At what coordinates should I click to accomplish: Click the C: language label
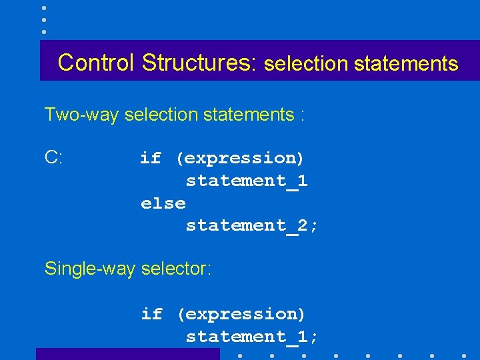(x=54, y=157)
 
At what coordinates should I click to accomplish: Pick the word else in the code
(x=163, y=203)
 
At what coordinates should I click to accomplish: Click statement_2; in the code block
(x=252, y=225)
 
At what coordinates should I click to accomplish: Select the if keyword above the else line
(x=151, y=158)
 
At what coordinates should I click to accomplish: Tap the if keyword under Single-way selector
(x=151, y=313)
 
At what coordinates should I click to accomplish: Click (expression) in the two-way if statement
(x=240, y=158)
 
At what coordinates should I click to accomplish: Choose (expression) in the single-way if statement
(x=240, y=313)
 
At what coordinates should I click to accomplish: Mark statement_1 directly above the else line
(x=247, y=181)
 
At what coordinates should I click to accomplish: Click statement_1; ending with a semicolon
(x=252, y=337)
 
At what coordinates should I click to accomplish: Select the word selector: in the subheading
(x=175, y=269)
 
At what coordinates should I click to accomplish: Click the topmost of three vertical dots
(x=43, y=8)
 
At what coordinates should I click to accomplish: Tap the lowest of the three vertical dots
(x=43, y=31)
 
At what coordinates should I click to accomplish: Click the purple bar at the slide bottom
(x=127, y=354)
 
